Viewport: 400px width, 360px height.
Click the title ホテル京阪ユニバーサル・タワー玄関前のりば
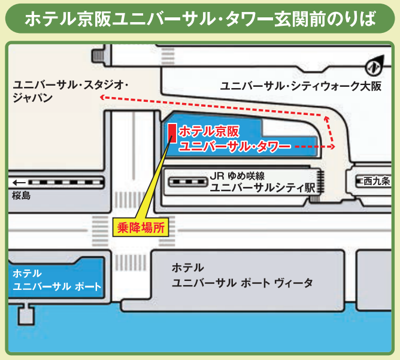(200, 19)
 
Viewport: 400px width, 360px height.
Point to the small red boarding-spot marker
(172, 132)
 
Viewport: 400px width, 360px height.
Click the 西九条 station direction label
(377, 180)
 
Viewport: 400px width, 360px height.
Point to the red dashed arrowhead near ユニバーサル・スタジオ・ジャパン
(102, 96)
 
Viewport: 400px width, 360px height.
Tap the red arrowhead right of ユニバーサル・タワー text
(332, 146)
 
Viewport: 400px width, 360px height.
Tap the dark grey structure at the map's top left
(96, 56)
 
